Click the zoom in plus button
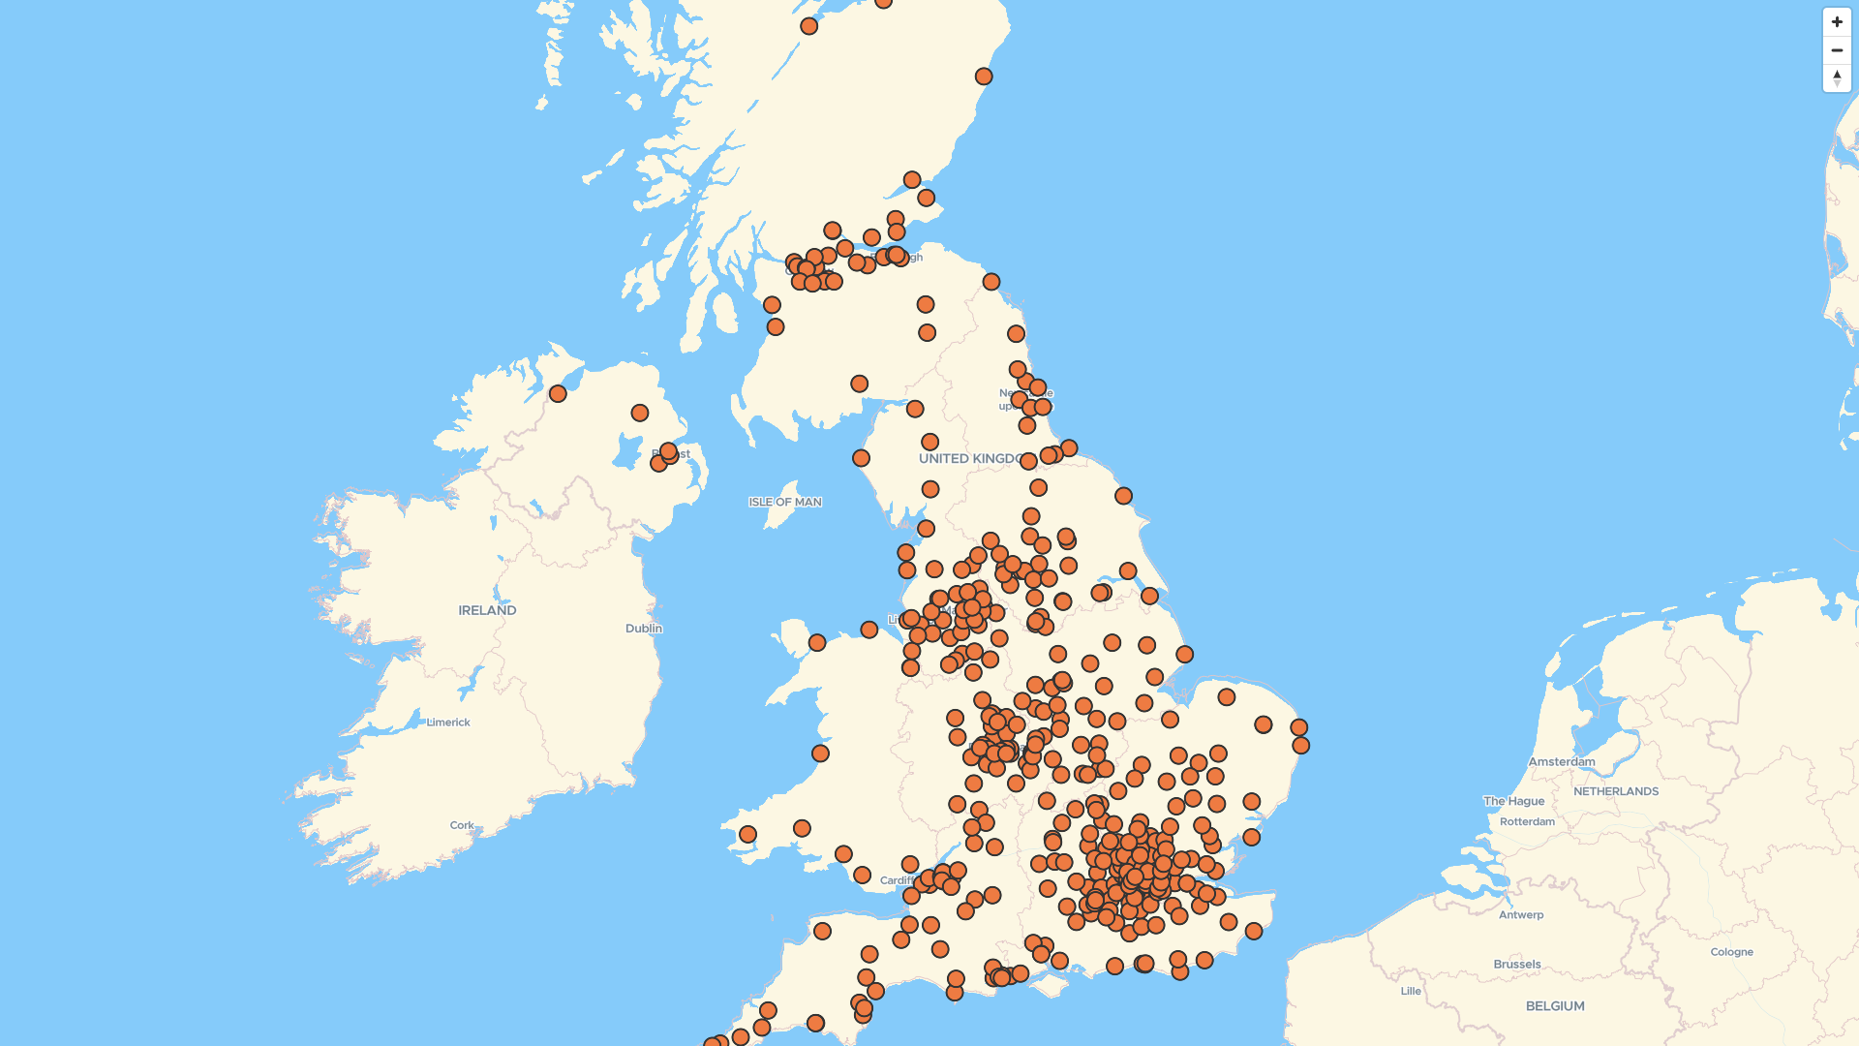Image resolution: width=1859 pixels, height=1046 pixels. point(1837,22)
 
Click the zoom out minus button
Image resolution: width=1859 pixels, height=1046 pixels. point(1837,50)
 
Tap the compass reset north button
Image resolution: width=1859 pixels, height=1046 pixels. point(1837,77)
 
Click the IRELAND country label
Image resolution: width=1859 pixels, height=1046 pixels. point(487,610)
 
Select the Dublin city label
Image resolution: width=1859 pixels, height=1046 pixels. point(644,629)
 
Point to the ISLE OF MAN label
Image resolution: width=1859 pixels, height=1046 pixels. point(785,502)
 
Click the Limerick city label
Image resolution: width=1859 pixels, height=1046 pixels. point(448,723)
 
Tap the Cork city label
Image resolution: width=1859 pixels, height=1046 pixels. point(462,826)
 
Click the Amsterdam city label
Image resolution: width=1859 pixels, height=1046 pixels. point(1562,762)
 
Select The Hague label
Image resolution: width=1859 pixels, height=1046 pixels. point(1513,801)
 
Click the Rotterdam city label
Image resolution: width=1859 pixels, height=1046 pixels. point(1527,822)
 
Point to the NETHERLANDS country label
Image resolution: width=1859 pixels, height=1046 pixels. point(1616,791)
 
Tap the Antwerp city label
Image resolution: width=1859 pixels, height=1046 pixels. point(1521,915)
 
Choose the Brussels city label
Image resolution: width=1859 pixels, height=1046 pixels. point(1517,965)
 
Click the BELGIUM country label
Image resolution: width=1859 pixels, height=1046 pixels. point(1555,1006)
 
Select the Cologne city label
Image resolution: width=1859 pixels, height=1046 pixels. point(1731,952)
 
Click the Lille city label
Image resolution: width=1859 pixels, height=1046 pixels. point(1411,991)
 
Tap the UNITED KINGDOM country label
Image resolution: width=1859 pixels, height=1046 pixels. point(968,458)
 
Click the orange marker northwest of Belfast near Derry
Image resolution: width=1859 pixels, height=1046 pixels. point(558,393)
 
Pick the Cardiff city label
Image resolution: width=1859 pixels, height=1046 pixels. point(896,880)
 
